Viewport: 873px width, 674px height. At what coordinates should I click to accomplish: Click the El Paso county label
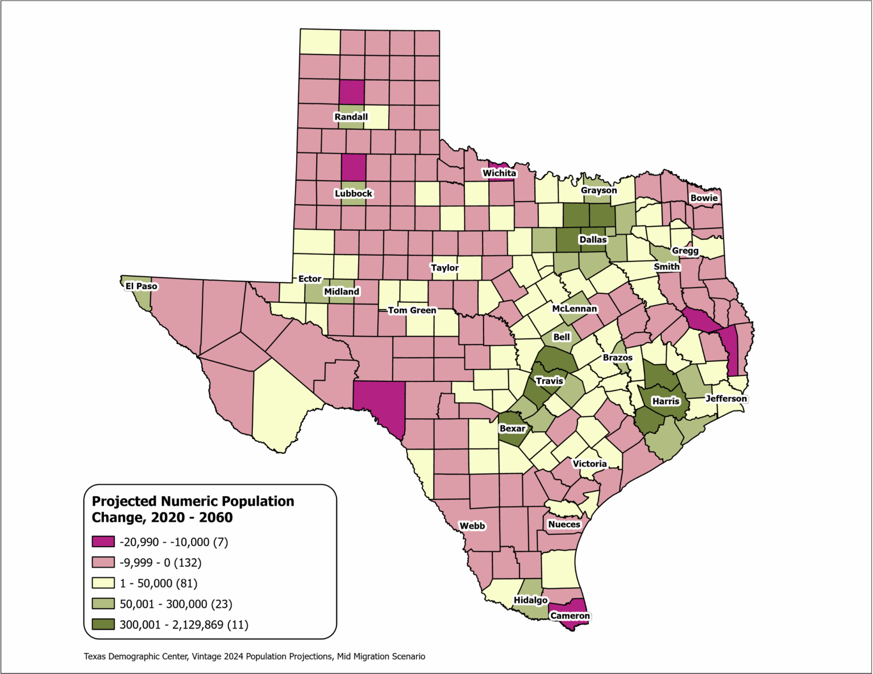[x=141, y=286]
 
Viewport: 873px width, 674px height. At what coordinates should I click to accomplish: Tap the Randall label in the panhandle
[x=351, y=117]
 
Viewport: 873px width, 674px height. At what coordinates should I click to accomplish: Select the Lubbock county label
[x=353, y=193]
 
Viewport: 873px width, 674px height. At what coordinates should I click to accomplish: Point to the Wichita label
[x=499, y=173]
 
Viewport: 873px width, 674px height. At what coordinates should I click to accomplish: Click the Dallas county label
[x=593, y=239]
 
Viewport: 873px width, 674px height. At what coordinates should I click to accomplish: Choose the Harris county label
[x=666, y=401]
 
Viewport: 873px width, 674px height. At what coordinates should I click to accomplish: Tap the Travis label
[x=549, y=381]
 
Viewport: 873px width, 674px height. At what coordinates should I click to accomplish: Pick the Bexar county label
[x=512, y=428]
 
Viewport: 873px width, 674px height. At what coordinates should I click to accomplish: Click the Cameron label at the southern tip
[x=570, y=615]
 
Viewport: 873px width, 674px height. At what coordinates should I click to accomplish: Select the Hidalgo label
[x=530, y=600]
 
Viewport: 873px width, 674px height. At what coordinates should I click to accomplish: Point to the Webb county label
[x=472, y=526]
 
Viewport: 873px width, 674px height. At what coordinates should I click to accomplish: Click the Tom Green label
[x=412, y=310]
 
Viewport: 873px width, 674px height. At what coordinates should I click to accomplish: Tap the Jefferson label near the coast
[x=726, y=398]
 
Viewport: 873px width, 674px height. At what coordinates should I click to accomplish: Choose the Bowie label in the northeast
[x=704, y=198]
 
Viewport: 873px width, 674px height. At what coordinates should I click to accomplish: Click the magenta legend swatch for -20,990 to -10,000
[x=103, y=542]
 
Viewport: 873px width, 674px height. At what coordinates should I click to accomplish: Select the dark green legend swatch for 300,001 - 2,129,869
[x=103, y=624]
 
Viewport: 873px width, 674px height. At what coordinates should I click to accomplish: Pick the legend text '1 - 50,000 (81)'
[x=159, y=583]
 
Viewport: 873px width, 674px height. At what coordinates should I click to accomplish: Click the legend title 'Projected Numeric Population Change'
[x=193, y=509]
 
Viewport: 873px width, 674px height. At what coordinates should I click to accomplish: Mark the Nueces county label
[x=564, y=524]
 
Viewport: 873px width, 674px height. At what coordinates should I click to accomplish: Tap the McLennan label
[x=575, y=309]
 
